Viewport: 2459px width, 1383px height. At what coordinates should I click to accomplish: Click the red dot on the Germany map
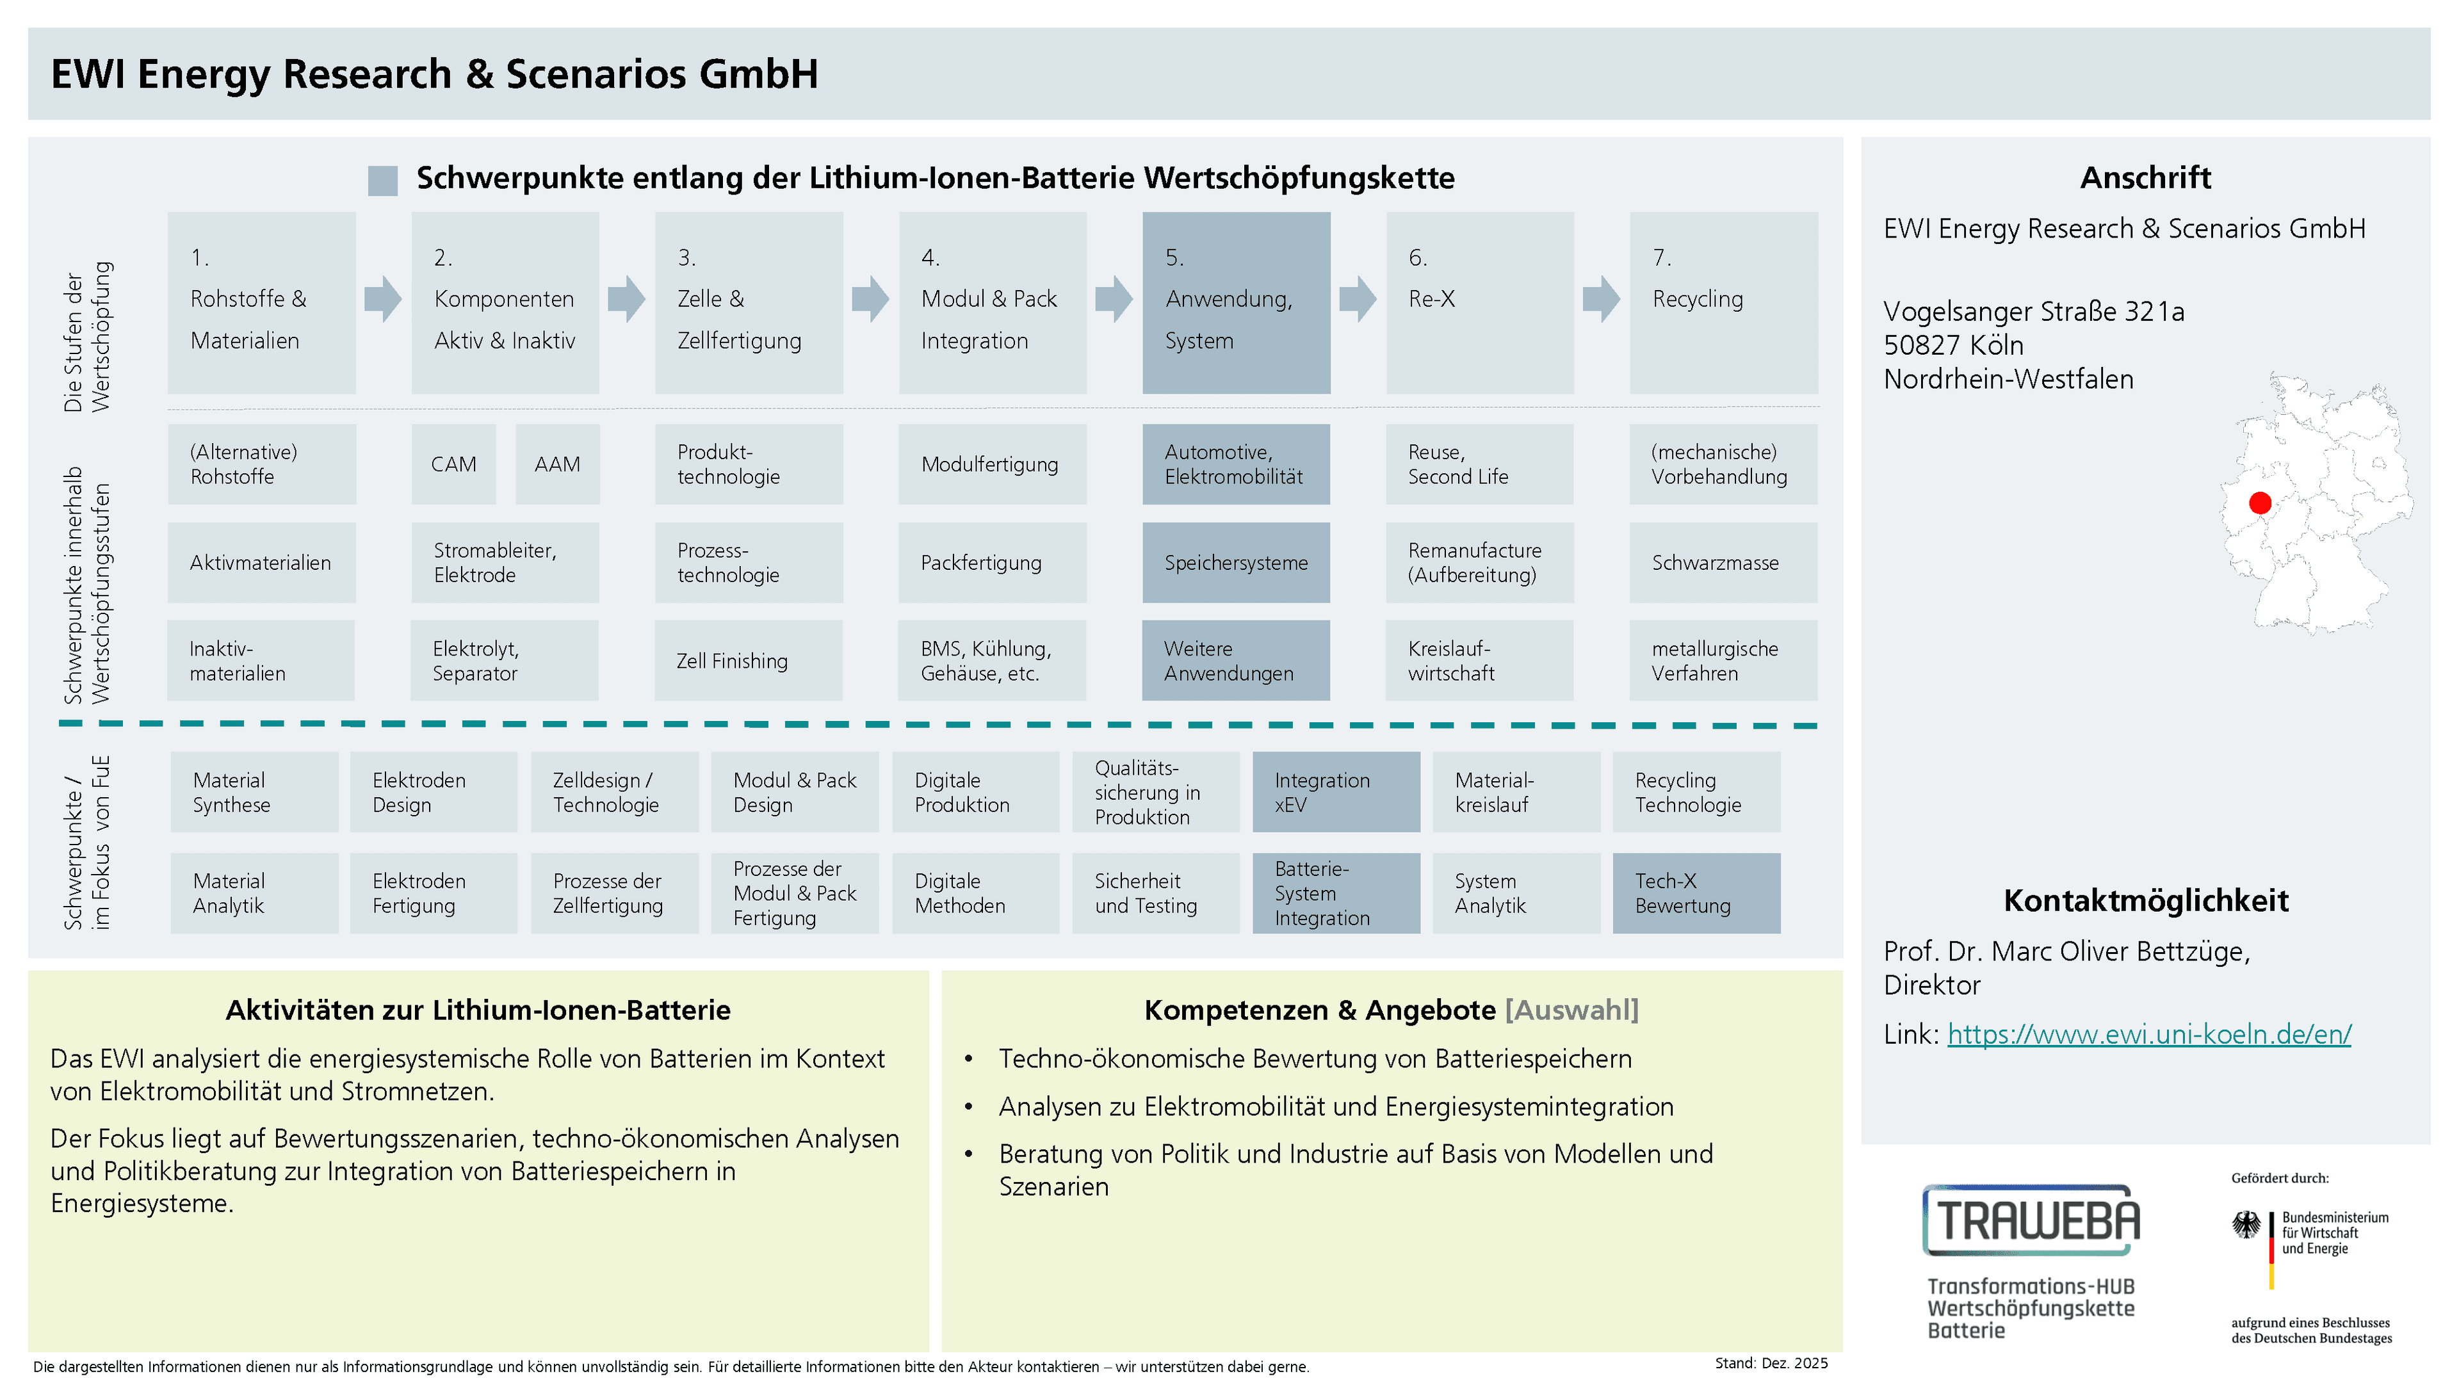(x=2259, y=503)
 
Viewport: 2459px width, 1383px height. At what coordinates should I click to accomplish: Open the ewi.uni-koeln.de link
(x=2149, y=1033)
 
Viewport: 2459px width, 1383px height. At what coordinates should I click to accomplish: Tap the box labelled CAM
(x=453, y=464)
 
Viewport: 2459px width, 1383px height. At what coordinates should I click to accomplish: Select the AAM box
(x=558, y=464)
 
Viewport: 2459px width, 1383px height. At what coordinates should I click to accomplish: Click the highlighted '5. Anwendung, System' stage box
(x=1236, y=303)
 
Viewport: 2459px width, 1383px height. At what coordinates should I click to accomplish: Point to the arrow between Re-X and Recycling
(x=1602, y=299)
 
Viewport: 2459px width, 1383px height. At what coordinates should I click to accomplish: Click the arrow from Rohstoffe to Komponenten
(x=383, y=299)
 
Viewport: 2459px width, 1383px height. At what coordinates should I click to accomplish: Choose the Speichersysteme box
(x=1236, y=562)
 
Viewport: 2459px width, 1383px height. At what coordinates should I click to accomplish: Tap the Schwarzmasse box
(x=1723, y=562)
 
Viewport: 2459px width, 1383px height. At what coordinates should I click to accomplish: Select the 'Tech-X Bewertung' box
(x=1696, y=893)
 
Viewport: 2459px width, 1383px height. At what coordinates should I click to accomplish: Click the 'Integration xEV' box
(x=1335, y=792)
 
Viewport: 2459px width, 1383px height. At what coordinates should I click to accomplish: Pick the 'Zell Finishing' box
(x=749, y=661)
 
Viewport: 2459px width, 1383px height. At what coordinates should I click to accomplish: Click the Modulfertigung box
(x=993, y=464)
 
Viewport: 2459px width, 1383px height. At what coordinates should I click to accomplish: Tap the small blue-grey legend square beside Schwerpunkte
(x=383, y=181)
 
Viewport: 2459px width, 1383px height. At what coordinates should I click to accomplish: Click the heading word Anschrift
(x=2145, y=177)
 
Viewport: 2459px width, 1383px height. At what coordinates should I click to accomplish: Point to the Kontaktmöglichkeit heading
(x=2146, y=900)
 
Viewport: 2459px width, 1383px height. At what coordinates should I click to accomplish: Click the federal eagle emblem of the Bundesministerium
(x=2246, y=1225)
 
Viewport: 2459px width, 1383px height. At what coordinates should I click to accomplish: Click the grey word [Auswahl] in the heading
(x=1571, y=1010)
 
